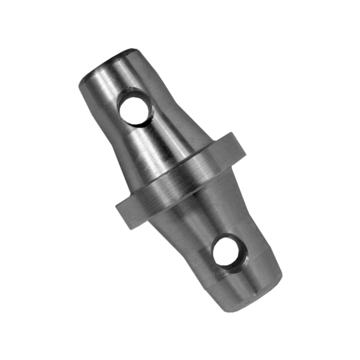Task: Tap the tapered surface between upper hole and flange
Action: (x=163, y=141)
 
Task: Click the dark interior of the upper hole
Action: (x=136, y=110)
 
